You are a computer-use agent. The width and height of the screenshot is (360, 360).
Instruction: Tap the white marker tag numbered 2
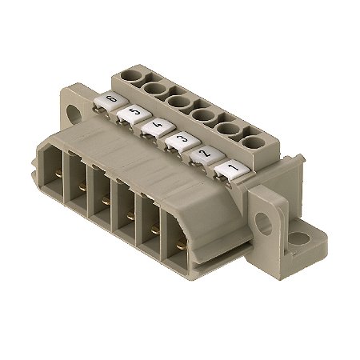203,154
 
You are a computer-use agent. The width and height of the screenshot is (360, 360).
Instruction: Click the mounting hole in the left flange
80,113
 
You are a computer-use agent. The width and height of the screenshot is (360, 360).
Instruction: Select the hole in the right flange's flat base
297,238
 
